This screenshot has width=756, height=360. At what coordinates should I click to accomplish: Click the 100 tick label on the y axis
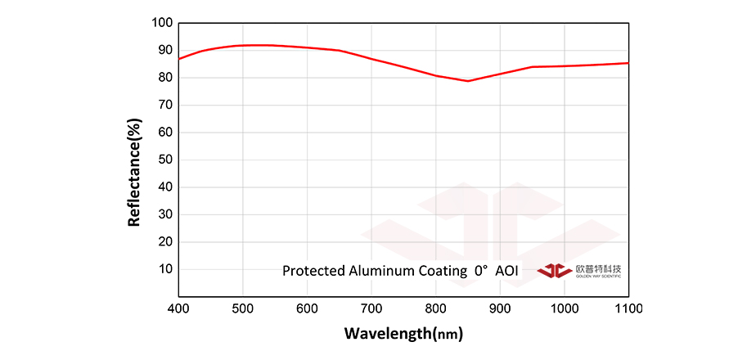(161, 23)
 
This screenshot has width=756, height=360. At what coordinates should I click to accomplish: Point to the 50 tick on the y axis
(164, 160)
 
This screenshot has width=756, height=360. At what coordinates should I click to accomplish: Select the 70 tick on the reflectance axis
(164, 105)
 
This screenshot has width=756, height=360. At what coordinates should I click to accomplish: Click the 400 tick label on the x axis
(178, 308)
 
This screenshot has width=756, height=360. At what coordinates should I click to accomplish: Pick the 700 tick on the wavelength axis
(371, 308)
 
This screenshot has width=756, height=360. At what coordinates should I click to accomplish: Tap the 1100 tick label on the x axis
(628, 308)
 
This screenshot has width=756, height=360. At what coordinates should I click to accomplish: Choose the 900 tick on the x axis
(500, 308)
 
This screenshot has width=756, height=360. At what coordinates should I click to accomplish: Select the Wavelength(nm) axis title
(403, 334)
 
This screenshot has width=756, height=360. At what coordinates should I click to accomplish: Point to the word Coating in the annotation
(439, 271)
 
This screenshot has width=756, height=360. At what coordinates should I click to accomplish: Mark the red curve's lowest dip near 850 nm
(468, 81)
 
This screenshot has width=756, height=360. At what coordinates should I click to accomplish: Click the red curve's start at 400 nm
(178, 59)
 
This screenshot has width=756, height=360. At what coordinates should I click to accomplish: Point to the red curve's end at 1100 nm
(628, 63)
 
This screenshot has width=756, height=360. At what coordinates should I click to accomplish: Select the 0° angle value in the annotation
(480, 271)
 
